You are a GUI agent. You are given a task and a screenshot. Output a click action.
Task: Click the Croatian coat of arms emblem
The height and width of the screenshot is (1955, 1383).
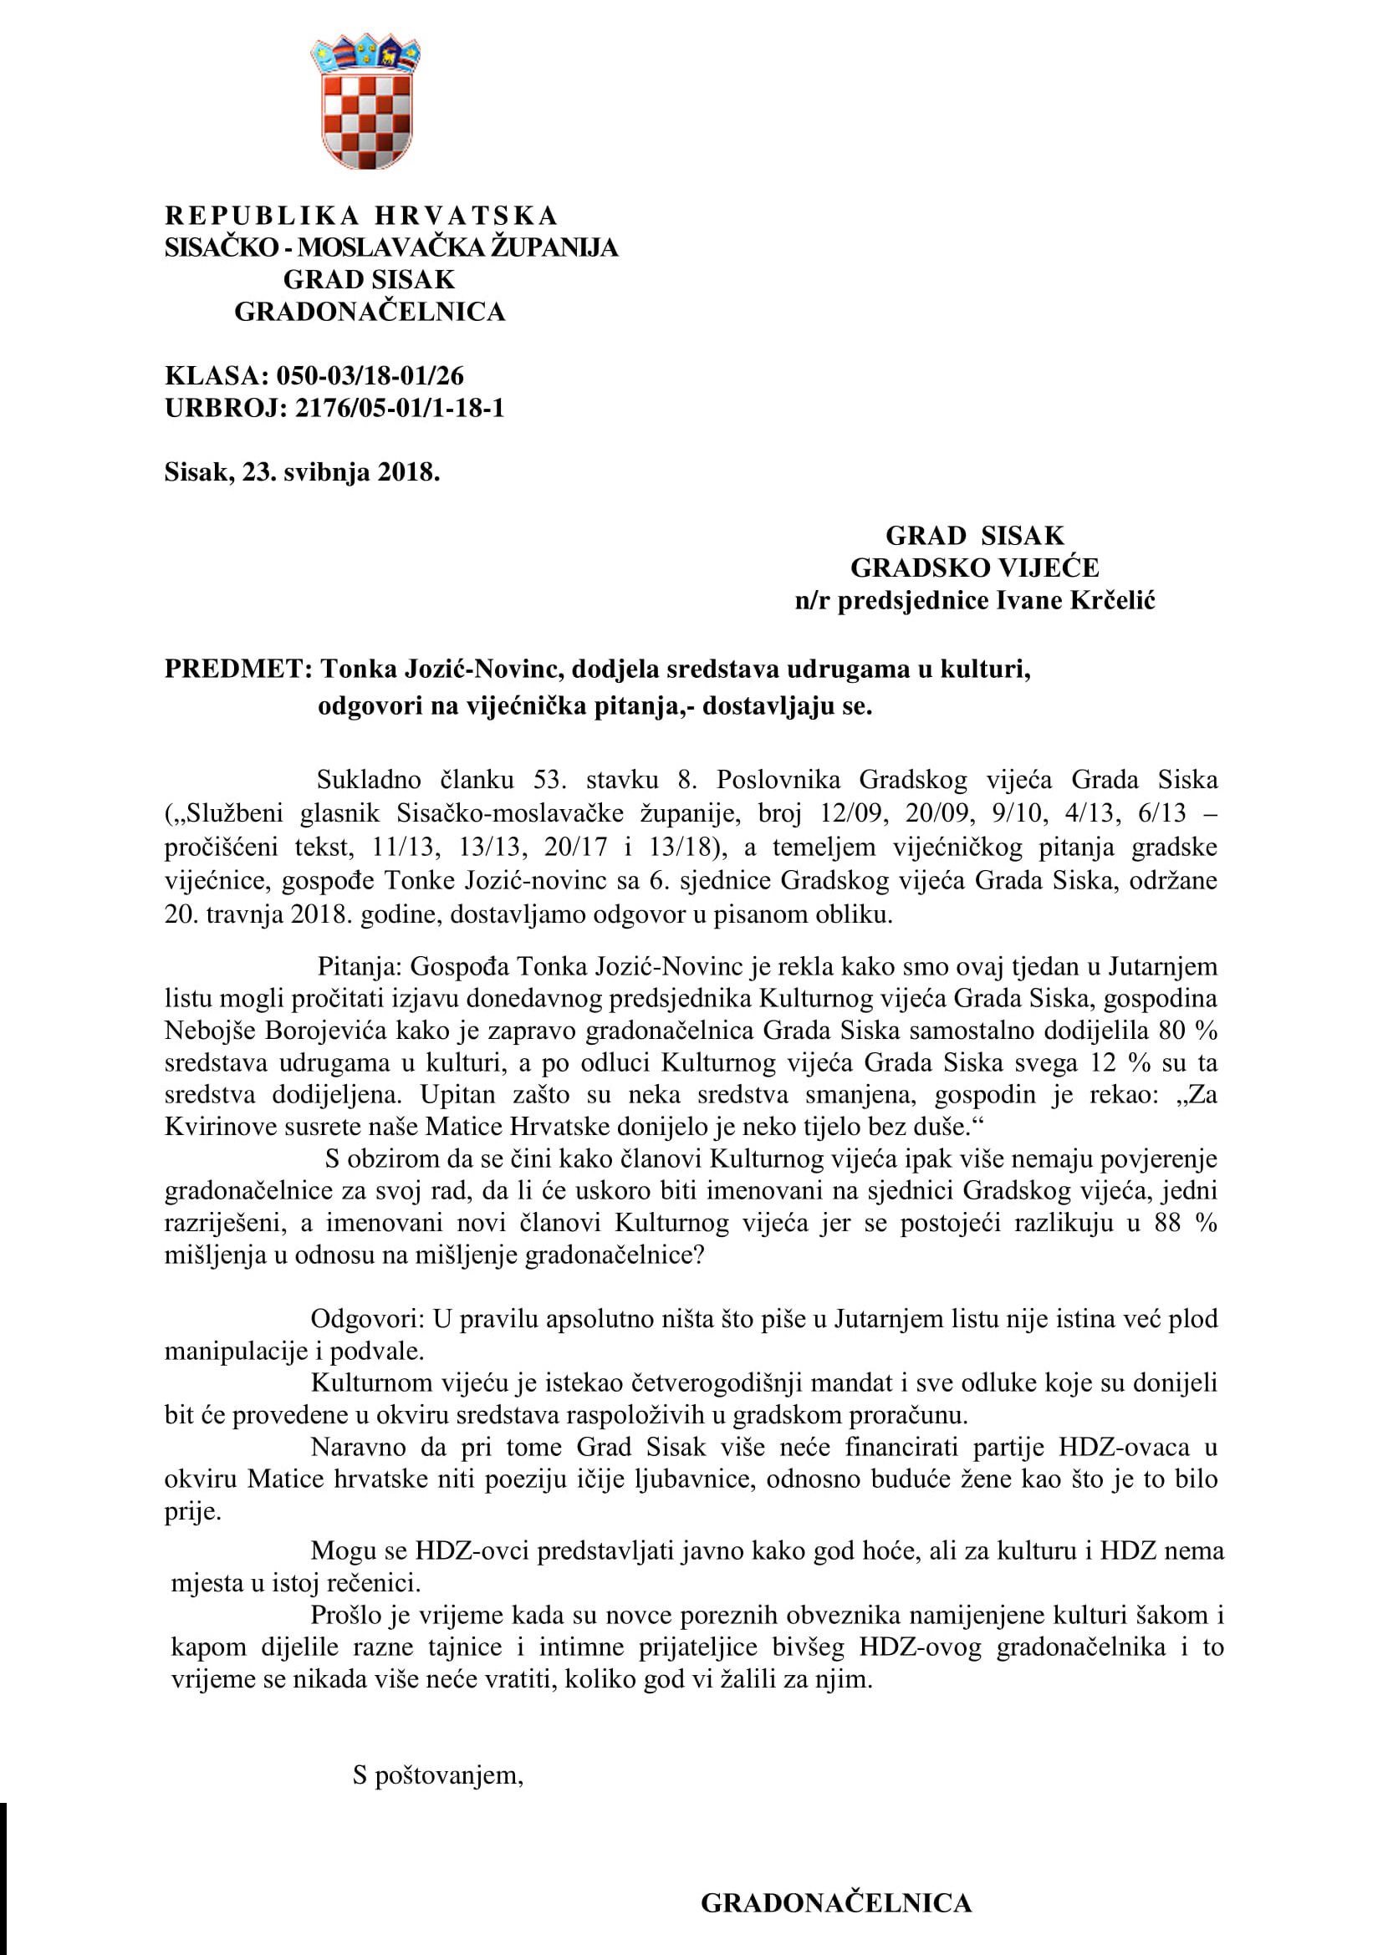click(x=365, y=102)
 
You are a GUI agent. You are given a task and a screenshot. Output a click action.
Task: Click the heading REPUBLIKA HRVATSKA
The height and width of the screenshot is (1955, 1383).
click(x=361, y=216)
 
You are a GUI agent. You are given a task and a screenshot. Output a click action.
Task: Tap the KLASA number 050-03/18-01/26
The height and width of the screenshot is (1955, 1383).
click(x=370, y=375)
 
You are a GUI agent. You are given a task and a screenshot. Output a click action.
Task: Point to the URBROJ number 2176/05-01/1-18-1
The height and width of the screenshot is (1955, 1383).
click(x=400, y=408)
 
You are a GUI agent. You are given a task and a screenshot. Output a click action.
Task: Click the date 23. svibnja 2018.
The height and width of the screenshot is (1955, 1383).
click(x=340, y=471)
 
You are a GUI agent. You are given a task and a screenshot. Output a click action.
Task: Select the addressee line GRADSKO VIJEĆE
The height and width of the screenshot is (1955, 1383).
click(x=974, y=568)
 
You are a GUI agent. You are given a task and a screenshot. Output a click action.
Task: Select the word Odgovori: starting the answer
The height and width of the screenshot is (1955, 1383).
click(x=367, y=1319)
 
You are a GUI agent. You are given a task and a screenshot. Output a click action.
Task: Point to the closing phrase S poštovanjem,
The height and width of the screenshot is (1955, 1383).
click(x=437, y=1775)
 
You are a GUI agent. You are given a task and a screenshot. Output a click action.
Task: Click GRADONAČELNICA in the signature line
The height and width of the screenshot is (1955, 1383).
click(x=835, y=1903)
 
